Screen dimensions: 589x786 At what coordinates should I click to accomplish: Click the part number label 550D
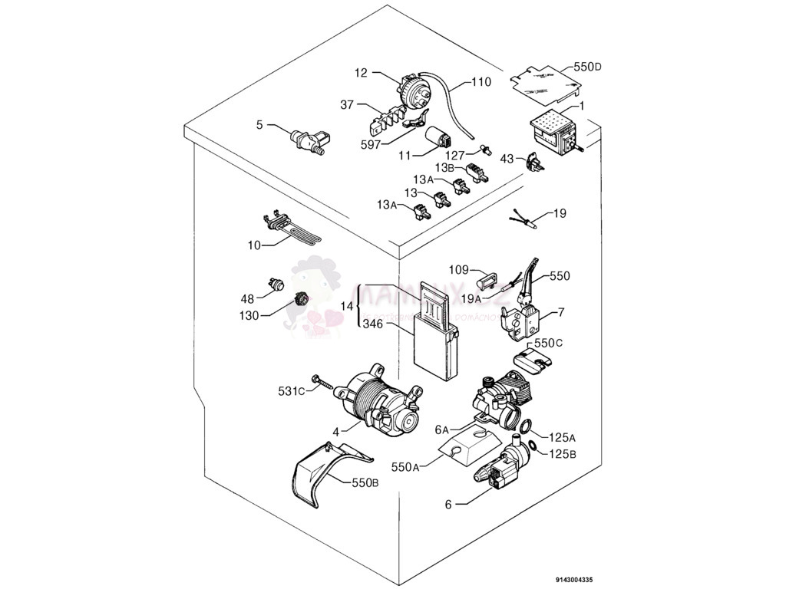587,67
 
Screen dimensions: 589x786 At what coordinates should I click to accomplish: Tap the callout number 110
481,81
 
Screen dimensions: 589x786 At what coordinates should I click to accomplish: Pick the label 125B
563,454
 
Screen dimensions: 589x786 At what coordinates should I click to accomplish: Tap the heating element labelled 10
292,229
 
